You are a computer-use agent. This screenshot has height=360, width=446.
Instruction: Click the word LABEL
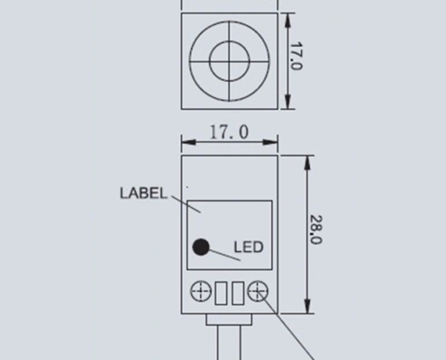(142, 193)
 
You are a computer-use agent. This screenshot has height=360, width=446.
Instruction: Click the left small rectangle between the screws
(221, 292)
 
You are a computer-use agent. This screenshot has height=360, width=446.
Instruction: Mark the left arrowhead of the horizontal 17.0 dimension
(186, 141)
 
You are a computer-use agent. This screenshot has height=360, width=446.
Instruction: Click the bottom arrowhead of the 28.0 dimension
(307, 310)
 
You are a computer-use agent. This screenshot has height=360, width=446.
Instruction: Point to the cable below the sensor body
(229, 346)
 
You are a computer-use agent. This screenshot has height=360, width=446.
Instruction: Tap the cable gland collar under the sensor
(229, 320)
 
